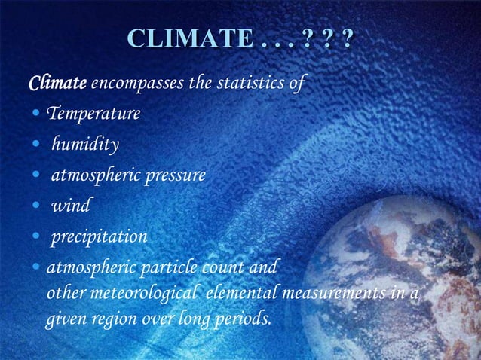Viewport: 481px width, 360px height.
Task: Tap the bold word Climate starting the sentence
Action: [x=57, y=84]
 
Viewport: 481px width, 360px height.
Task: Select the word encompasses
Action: [x=138, y=84]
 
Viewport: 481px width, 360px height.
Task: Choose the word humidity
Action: [x=84, y=145]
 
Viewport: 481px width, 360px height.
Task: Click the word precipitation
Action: [x=99, y=238]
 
